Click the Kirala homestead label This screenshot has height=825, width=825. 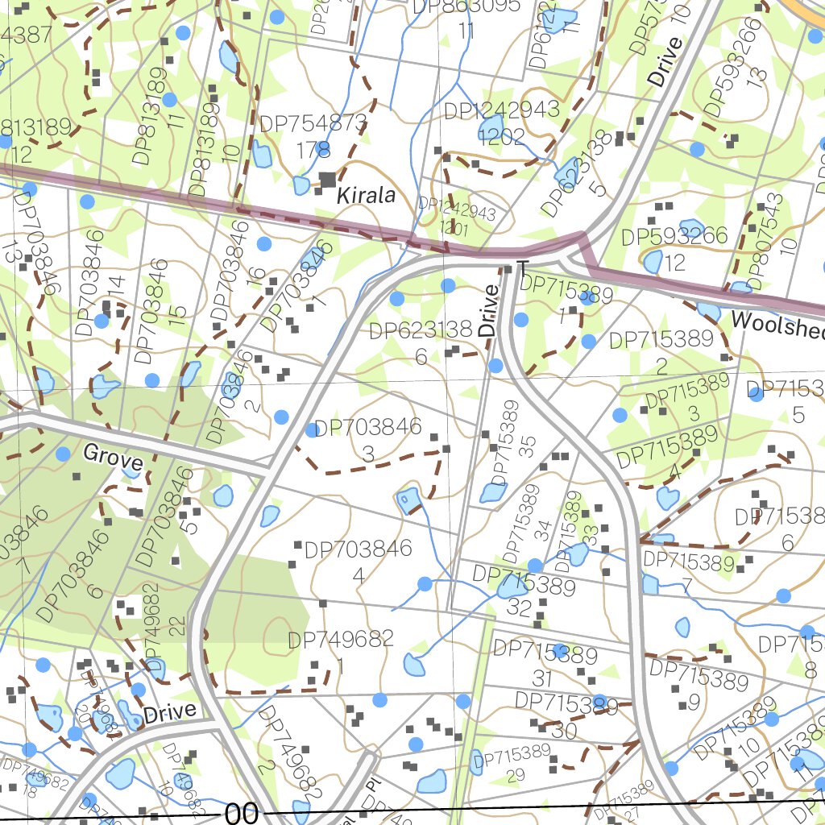[x=366, y=195]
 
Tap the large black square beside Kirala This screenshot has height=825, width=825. [x=327, y=180]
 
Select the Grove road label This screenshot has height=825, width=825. [x=113, y=457]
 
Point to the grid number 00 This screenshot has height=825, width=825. [x=242, y=814]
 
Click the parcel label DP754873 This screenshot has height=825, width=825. [x=313, y=125]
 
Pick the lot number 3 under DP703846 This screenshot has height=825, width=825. [x=367, y=454]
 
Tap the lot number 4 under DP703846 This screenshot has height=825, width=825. [x=358, y=575]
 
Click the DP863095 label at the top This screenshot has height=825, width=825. [x=466, y=6]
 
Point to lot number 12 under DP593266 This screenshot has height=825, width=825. [x=675, y=262]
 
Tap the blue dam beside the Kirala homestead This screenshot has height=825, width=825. [x=301, y=185]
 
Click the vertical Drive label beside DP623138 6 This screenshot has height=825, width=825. [x=488, y=310]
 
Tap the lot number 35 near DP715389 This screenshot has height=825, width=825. [x=527, y=447]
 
